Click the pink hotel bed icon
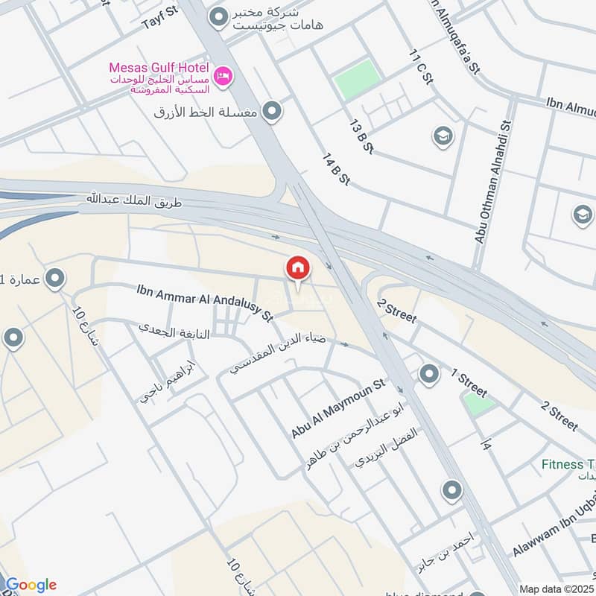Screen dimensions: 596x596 222,76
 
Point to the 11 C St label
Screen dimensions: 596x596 419,67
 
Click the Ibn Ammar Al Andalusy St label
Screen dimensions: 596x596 203,303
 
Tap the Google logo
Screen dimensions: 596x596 30,585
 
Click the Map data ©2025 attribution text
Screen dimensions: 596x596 557,589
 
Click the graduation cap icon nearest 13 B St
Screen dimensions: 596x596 443,136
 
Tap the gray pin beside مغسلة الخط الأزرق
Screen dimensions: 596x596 273,112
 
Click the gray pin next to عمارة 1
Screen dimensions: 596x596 54,279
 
